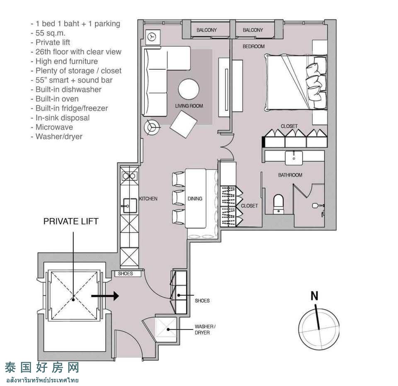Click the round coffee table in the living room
coord(189,89)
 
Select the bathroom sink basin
coord(294,158)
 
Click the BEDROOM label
coord(254,46)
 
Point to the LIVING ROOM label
coord(189,106)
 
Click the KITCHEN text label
coord(148,199)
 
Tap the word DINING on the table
coord(195,199)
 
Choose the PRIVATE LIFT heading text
coord(71,221)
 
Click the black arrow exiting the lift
coord(105,296)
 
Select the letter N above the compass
coord(315,296)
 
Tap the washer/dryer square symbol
coord(166,329)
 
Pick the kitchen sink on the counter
coord(130,205)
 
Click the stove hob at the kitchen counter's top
coord(129,176)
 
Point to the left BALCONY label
coord(206,30)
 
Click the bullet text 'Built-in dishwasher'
coord(66,90)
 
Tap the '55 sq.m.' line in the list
coord(48,33)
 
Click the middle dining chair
coord(178,198)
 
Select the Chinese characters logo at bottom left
coord(42,367)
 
